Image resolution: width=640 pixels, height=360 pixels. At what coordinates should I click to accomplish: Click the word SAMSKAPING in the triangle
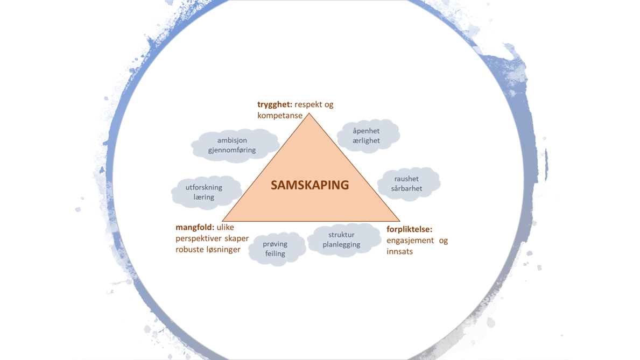coord(310,185)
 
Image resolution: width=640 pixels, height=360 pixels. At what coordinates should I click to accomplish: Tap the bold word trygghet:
coord(275,105)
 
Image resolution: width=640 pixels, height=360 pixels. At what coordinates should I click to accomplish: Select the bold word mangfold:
coord(195,227)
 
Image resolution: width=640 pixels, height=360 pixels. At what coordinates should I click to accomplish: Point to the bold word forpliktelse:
coord(410,229)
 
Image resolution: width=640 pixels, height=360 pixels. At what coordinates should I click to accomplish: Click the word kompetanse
coord(280,116)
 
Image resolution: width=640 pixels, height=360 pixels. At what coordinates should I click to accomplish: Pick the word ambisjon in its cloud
coord(232,140)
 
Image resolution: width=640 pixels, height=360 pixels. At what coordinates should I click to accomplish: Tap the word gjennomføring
coord(232,150)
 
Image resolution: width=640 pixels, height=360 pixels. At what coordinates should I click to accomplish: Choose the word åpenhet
coord(366,131)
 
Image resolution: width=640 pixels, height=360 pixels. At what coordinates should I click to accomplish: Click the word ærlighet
coord(366,141)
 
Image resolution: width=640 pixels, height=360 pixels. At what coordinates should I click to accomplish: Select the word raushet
coord(406,179)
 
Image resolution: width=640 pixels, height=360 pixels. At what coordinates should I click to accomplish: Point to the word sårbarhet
coord(406,188)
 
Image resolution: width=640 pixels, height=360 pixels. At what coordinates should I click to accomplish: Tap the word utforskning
coord(203,188)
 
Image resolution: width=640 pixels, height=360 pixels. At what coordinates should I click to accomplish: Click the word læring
coord(203,197)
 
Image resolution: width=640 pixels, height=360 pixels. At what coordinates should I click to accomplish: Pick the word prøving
coord(275,244)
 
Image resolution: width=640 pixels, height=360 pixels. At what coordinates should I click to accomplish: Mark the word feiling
coord(275,254)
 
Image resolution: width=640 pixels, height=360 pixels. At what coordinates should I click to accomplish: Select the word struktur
coord(342,235)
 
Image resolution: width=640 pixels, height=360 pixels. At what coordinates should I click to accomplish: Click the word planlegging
coord(342,244)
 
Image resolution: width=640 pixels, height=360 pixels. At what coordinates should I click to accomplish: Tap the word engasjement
coord(410,241)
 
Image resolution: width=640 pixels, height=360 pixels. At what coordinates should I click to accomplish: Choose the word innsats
coord(399,251)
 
